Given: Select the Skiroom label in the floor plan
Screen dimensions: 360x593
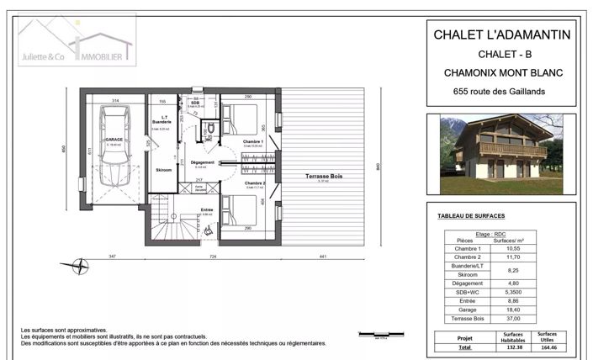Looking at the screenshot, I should [164, 171].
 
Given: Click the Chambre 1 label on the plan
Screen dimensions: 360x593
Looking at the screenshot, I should [253, 142].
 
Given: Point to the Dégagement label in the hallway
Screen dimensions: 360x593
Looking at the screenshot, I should [203, 162].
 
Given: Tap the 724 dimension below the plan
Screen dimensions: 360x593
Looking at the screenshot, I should [214, 256].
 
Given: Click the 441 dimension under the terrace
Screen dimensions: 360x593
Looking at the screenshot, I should [322, 256].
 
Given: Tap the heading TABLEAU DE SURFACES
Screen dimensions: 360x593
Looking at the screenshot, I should [476, 216].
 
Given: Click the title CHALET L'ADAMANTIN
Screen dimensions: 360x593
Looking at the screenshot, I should [501, 34].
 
